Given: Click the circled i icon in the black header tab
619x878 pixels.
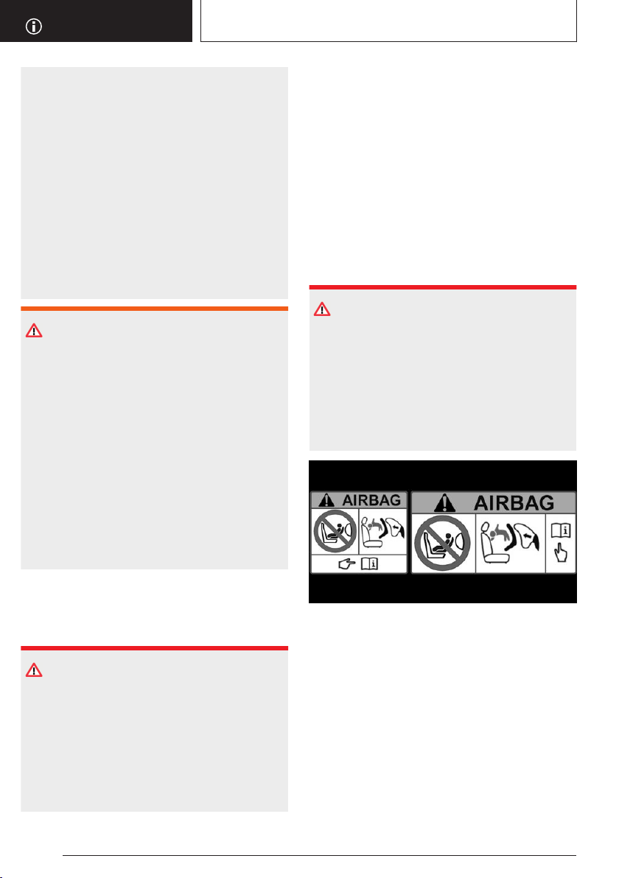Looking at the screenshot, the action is tap(34, 27).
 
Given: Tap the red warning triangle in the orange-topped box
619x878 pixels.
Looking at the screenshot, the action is tap(34, 331).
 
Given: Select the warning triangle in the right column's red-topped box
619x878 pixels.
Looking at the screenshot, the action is tap(322, 309).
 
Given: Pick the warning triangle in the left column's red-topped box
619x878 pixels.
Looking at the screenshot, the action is tap(34, 670).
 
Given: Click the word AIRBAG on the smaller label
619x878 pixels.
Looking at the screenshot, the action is tap(371, 500).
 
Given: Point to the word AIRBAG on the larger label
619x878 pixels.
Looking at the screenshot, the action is tap(514, 503).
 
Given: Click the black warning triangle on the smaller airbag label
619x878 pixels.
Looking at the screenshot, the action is tap(326, 500).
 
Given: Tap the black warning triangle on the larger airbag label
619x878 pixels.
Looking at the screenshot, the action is tap(445, 503).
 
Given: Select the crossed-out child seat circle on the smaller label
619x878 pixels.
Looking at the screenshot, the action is tap(335, 531).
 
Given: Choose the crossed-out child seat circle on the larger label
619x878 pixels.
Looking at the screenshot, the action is tap(443, 543).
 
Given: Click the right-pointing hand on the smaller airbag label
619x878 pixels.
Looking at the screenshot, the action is tap(347, 564).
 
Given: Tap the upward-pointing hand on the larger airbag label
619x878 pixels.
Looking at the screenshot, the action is tap(560, 554).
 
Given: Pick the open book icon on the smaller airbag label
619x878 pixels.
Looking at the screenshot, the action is tap(369, 564).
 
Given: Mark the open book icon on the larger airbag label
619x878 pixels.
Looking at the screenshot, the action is tap(561, 530).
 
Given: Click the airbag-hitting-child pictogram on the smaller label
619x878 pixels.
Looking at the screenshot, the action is tap(382, 531).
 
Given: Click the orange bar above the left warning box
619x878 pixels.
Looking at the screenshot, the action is tap(155, 309).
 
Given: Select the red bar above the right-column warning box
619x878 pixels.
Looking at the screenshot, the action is tap(443, 287).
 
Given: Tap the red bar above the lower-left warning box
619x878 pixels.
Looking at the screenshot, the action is tap(155, 648).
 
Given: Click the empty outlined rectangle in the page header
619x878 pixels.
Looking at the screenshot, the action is tap(389, 21).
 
